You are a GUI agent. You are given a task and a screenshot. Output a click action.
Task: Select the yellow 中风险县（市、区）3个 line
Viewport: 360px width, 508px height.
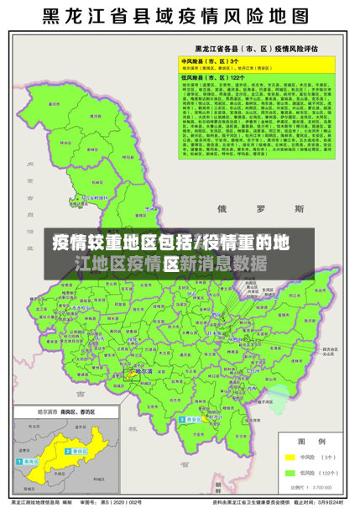[x=211, y=61]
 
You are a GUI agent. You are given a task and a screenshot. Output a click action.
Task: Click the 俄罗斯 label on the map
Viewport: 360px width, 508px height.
[x=266, y=207]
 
